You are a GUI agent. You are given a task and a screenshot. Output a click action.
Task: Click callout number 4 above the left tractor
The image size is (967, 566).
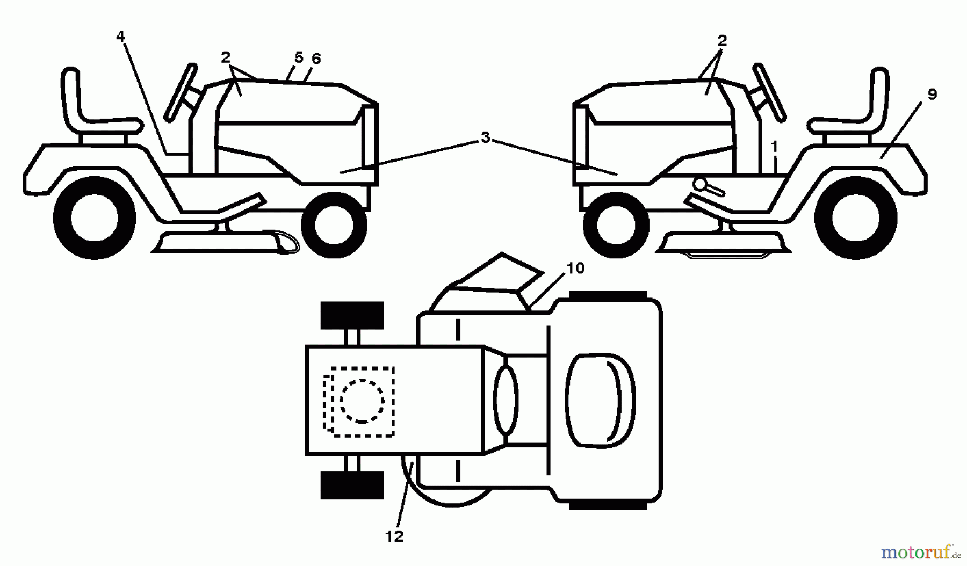120,37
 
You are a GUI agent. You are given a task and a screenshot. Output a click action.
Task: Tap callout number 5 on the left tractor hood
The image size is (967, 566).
299,57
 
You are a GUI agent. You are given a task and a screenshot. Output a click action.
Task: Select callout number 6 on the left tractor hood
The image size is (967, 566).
316,59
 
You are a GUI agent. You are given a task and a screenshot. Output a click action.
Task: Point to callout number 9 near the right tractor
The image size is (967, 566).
932,94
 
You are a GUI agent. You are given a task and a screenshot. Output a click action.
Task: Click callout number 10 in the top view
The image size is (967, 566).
575,267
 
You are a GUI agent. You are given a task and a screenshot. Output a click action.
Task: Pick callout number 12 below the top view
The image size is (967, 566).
394,536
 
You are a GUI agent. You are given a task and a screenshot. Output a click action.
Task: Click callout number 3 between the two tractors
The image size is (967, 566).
486,138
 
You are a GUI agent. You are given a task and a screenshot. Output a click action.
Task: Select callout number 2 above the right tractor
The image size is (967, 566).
723,40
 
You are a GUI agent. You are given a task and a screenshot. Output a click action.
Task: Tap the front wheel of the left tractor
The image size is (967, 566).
334,226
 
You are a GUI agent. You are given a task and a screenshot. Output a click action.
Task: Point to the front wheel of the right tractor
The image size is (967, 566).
616,226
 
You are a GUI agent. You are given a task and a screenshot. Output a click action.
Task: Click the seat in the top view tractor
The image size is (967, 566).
601,400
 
